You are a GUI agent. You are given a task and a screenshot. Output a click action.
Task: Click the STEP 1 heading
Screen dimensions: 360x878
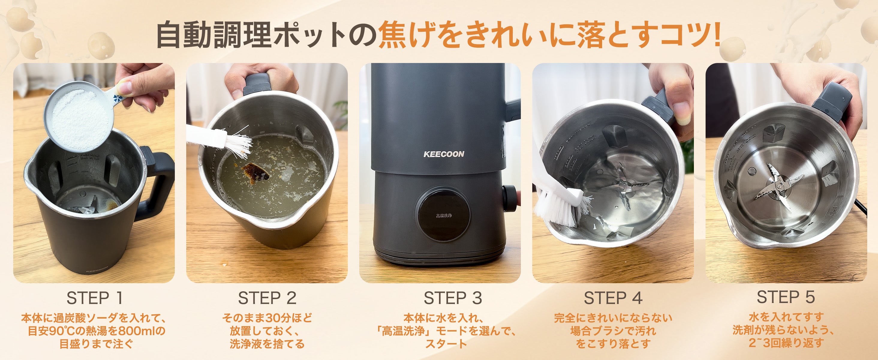click(x=94, y=298)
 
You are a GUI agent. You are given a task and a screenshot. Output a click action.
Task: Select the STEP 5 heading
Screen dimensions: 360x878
click(x=786, y=297)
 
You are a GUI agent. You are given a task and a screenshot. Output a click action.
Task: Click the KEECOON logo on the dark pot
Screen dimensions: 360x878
click(x=443, y=154)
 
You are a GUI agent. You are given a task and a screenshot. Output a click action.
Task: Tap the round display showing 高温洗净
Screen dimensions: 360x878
click(x=443, y=215)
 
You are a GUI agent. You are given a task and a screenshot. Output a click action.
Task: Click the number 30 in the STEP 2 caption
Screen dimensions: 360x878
click(x=272, y=318)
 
